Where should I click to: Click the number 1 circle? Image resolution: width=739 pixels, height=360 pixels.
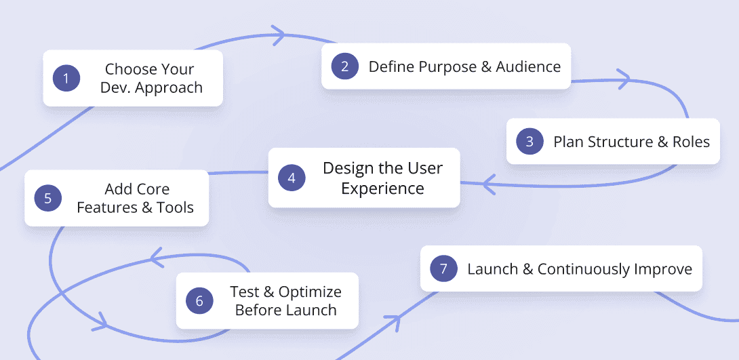[x=66, y=79]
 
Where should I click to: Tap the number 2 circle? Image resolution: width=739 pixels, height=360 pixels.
[x=344, y=66]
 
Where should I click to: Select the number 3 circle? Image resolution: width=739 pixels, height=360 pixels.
[x=530, y=142]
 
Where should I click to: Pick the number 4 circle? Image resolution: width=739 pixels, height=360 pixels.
[x=292, y=178]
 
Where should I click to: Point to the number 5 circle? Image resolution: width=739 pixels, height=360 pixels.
[x=47, y=198]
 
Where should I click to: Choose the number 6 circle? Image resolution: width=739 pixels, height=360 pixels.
[x=199, y=301]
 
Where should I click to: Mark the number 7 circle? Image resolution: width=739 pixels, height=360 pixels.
[x=443, y=269]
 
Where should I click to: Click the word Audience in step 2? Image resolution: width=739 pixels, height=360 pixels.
[x=528, y=66]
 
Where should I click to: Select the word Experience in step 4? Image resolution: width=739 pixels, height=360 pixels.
[x=382, y=188]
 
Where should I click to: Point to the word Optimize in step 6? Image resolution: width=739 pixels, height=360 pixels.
[x=310, y=292]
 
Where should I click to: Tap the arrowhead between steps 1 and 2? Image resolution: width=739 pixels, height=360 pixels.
[x=277, y=35]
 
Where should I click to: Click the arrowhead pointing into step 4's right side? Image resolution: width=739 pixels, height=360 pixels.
[x=487, y=184]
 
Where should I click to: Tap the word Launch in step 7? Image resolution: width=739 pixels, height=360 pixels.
[x=492, y=269]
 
